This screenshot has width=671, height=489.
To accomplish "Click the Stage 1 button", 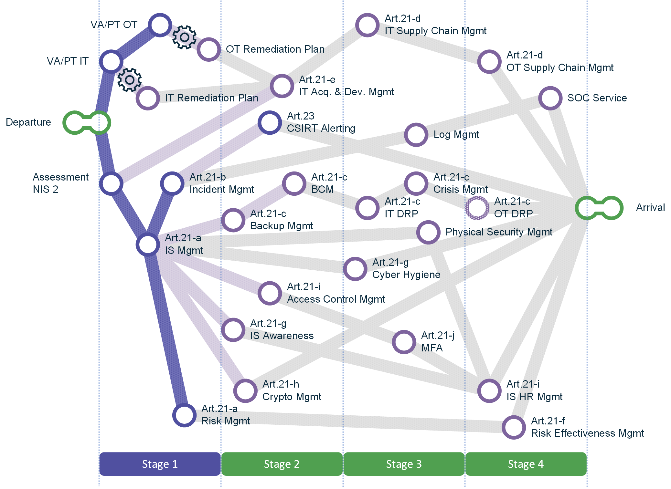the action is coord(160,464).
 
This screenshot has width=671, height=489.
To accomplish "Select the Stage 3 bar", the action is coord(404,464).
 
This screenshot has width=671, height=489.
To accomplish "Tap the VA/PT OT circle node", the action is coord(160,25).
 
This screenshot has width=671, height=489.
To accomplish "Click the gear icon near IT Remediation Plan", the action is coord(129,80).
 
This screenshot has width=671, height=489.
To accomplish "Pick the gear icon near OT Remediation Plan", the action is coord(184,37).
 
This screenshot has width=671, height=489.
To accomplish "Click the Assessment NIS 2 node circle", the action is coord(111,183).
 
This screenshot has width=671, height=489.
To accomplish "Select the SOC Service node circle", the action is coord(550,98).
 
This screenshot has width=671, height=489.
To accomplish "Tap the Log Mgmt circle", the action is coord(416,135).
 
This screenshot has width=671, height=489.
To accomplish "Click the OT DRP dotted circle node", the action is coord(477,208).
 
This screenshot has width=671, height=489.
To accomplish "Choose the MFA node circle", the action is coord(404,342).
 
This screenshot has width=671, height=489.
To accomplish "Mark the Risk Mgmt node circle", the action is coord(184,415).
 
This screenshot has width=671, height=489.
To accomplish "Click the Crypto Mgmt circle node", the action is coord(245,391).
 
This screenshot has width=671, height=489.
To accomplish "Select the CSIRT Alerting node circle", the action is coord(270,123).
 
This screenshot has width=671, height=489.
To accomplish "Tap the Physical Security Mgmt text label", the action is coord(499,232).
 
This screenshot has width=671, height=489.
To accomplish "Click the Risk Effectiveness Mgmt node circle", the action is coord(514,427).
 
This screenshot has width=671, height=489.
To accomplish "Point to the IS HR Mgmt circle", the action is coord(489,391).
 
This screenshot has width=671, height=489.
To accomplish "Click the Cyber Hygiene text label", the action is coord(406,275).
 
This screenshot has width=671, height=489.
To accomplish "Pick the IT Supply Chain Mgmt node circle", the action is coord(367,25).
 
